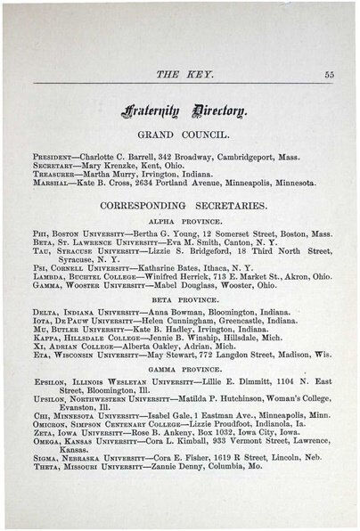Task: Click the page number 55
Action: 330,75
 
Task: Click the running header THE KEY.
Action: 180,75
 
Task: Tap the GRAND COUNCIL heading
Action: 181,135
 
